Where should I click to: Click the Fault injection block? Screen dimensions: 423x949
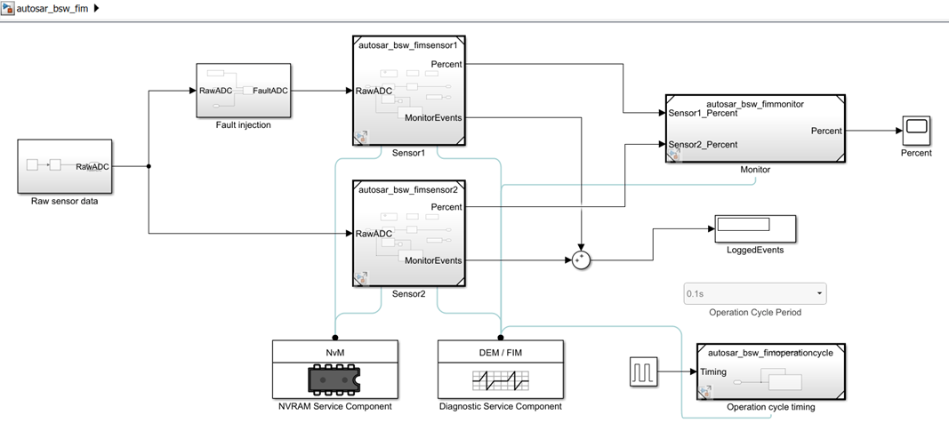243,91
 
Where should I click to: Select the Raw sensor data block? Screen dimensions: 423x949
65,165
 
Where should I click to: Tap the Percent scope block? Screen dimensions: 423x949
916,130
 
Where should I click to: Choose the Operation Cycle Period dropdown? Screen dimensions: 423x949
754,293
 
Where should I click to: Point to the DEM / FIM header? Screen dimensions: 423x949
501,352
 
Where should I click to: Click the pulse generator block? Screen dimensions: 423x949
643,371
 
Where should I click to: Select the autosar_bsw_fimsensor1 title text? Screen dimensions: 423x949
407,44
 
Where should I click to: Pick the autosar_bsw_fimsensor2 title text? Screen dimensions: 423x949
407,189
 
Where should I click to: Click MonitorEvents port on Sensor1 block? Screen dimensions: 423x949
433,117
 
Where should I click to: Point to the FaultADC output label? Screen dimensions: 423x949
270,91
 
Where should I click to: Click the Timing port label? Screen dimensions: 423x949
715,373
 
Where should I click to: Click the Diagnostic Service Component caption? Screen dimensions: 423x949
501,407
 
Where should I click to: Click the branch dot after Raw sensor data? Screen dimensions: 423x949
148,166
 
